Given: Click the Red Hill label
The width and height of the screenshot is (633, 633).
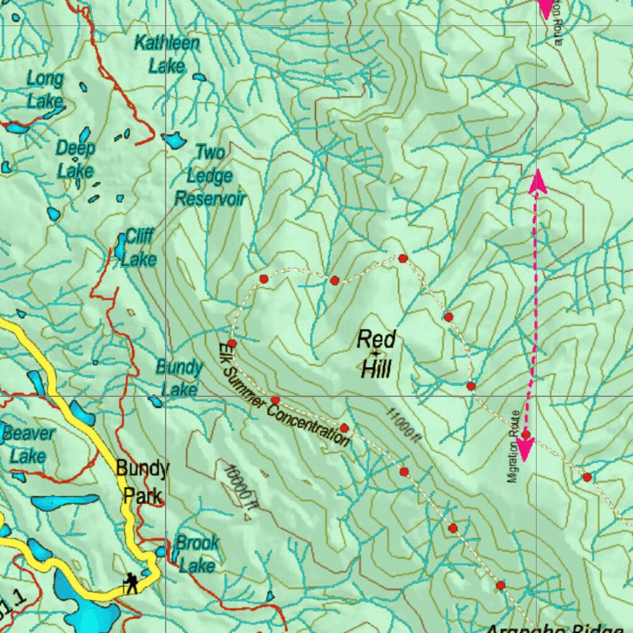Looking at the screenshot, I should (376, 354).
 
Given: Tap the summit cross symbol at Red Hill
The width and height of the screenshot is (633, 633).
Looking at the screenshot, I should (375, 353).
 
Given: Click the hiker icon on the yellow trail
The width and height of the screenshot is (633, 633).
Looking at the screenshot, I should (131, 582).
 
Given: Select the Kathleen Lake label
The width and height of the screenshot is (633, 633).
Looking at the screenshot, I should (167, 54).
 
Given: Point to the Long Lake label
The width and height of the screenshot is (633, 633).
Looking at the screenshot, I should (45, 90).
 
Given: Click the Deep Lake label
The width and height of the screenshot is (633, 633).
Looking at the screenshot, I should (75, 159).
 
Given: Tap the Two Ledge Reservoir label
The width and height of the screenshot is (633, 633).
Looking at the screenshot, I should (210, 176).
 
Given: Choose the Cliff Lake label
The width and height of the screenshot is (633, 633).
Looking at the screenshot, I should (138, 247).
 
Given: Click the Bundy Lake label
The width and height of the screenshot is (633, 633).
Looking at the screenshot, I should (179, 378).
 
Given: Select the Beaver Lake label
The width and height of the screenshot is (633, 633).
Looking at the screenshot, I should (28, 444).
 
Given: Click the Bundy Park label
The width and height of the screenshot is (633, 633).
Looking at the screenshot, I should (142, 482).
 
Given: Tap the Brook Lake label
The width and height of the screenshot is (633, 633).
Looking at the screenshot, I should (197, 554).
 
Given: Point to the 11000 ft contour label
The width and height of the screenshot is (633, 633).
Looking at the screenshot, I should (404, 424).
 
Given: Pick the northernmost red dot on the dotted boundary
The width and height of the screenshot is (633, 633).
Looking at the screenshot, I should (402, 258).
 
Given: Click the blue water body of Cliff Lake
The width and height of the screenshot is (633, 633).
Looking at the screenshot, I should (120, 247).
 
